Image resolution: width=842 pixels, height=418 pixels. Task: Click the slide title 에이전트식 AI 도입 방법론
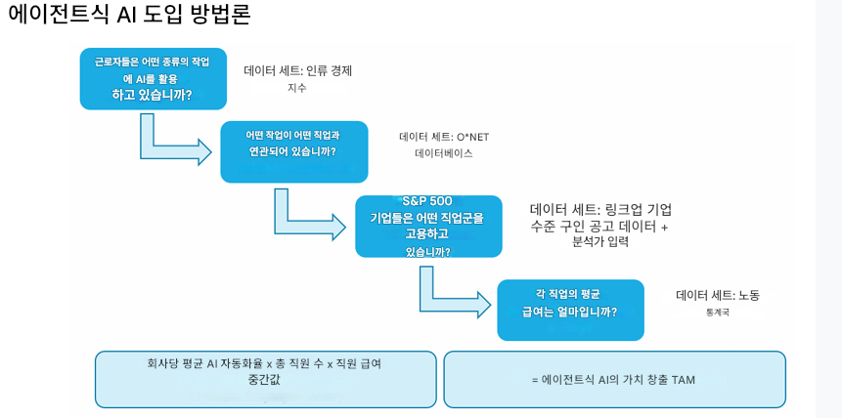tap(129, 15)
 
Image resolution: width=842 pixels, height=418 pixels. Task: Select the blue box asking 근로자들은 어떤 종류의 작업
tap(153, 78)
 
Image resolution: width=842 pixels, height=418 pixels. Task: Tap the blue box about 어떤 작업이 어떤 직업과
tap(293, 151)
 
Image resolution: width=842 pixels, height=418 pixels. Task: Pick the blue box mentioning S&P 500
tap(427, 226)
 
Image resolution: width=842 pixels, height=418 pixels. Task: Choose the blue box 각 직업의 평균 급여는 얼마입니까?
tap(569, 310)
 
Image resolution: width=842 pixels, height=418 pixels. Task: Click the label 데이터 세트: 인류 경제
tap(297, 70)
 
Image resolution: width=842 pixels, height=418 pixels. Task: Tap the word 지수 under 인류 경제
tap(297, 88)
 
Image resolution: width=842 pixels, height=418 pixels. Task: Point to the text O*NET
tap(472, 137)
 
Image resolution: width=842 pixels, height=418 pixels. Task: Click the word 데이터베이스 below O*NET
tap(444, 153)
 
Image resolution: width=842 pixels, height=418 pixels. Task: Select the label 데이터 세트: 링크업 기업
tap(600, 209)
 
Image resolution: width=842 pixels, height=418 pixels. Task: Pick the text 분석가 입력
tap(600, 242)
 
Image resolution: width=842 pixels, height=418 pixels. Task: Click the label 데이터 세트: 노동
tap(717, 295)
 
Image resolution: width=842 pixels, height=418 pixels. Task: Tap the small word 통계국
tap(717, 313)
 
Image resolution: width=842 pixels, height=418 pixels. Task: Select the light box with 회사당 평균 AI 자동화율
tap(265, 379)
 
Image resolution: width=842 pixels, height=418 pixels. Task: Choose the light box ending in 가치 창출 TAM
tap(614, 379)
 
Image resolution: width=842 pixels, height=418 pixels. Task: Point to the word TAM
tap(683, 380)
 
